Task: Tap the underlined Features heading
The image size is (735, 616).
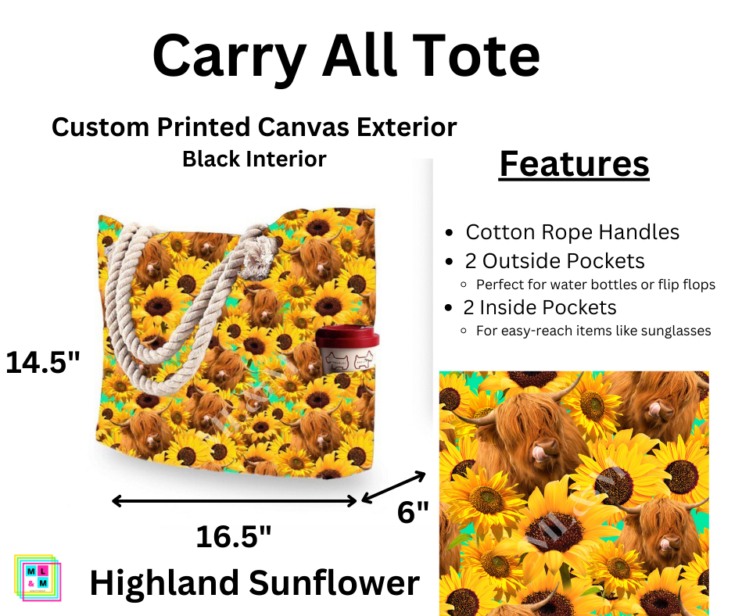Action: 574,164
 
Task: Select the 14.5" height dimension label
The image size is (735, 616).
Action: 43,363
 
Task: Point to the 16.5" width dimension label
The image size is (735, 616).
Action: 234,536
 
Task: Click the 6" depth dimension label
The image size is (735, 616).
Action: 414,513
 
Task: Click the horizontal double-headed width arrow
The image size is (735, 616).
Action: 235,500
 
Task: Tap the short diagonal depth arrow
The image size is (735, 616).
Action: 393,486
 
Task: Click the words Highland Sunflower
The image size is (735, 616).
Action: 254,583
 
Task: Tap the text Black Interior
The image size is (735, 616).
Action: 254,159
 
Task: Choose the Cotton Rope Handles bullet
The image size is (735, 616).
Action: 572,232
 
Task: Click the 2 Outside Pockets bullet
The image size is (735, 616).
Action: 554,261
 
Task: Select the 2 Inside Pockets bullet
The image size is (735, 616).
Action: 540,307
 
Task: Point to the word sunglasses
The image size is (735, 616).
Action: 672,331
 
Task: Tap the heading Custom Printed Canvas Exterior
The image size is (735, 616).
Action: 254,127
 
